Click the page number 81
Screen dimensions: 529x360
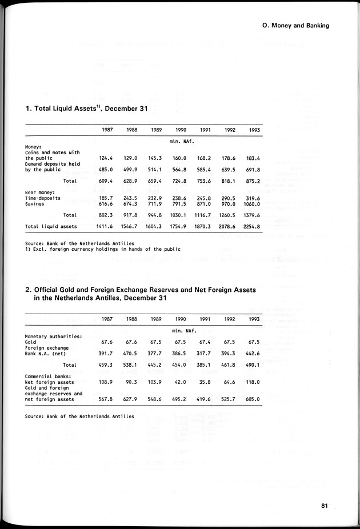pos(323,505)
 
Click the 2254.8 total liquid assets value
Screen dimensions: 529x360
pos(251,226)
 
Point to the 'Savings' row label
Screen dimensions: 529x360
pos(35,203)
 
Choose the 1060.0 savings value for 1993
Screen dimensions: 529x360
pos(251,203)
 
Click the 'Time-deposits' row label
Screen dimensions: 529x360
pos(43,198)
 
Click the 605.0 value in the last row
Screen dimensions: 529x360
pos(253,399)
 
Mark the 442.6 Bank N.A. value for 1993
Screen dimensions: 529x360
pos(253,352)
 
